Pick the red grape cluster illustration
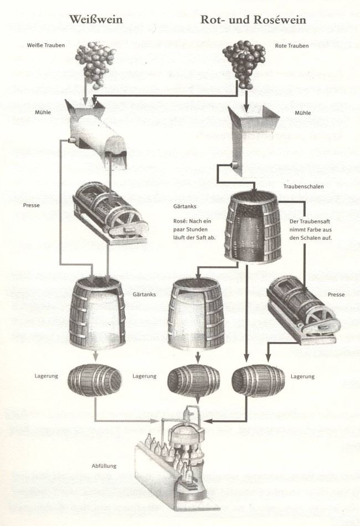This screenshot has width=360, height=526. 240,62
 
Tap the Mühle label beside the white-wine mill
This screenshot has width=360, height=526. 43,112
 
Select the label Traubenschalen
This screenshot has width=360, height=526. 304,187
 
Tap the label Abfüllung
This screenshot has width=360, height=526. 104,466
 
